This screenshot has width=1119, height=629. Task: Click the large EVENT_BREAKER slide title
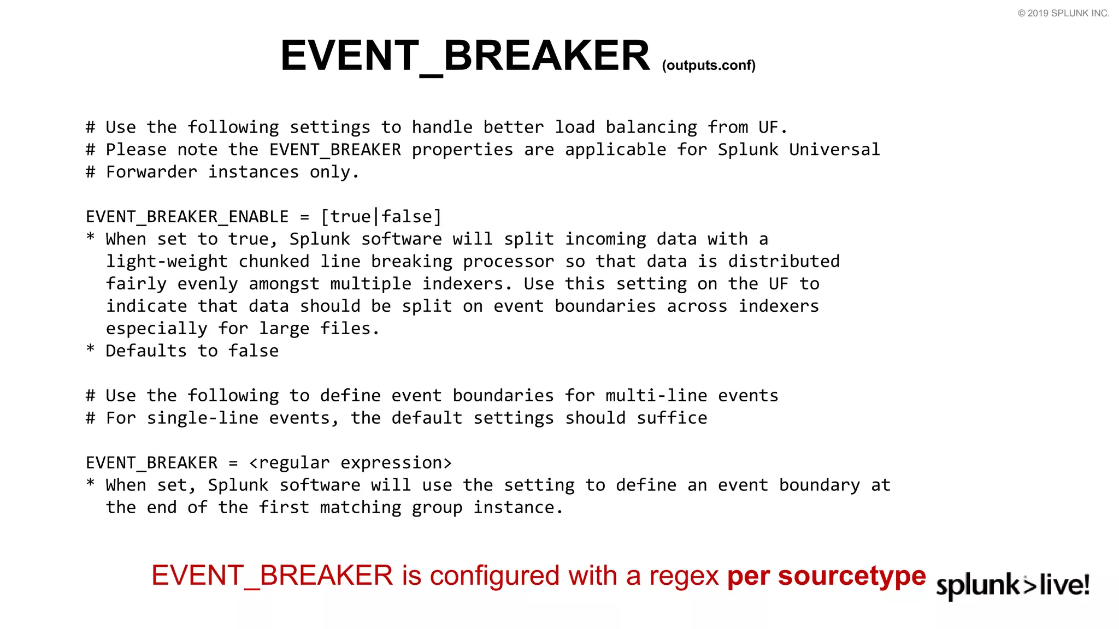click(x=464, y=56)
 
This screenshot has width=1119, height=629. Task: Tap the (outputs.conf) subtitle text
click(x=708, y=66)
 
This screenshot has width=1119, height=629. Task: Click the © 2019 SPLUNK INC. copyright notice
click(x=1063, y=13)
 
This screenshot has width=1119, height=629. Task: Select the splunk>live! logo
click(x=1012, y=585)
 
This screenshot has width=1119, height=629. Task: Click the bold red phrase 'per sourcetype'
click(x=826, y=576)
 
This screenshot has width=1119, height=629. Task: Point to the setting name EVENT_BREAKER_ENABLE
click(x=187, y=217)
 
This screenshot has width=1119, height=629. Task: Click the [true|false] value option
click(x=381, y=217)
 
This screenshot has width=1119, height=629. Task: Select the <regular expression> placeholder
click(x=350, y=463)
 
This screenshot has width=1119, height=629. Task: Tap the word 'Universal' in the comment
click(x=834, y=150)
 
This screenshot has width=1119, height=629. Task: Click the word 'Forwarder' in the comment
click(x=151, y=172)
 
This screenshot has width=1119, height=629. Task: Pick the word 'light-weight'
click(x=167, y=262)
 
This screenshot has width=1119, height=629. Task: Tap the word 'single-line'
click(x=202, y=418)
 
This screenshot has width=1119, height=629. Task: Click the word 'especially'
click(x=156, y=329)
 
